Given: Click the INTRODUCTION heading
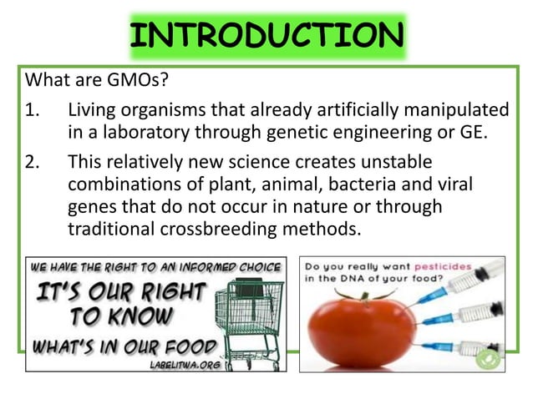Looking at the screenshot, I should click(266, 36).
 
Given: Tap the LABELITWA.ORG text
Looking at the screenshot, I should click(178, 363).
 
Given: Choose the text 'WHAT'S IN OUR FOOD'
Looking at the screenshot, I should click(123, 346).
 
